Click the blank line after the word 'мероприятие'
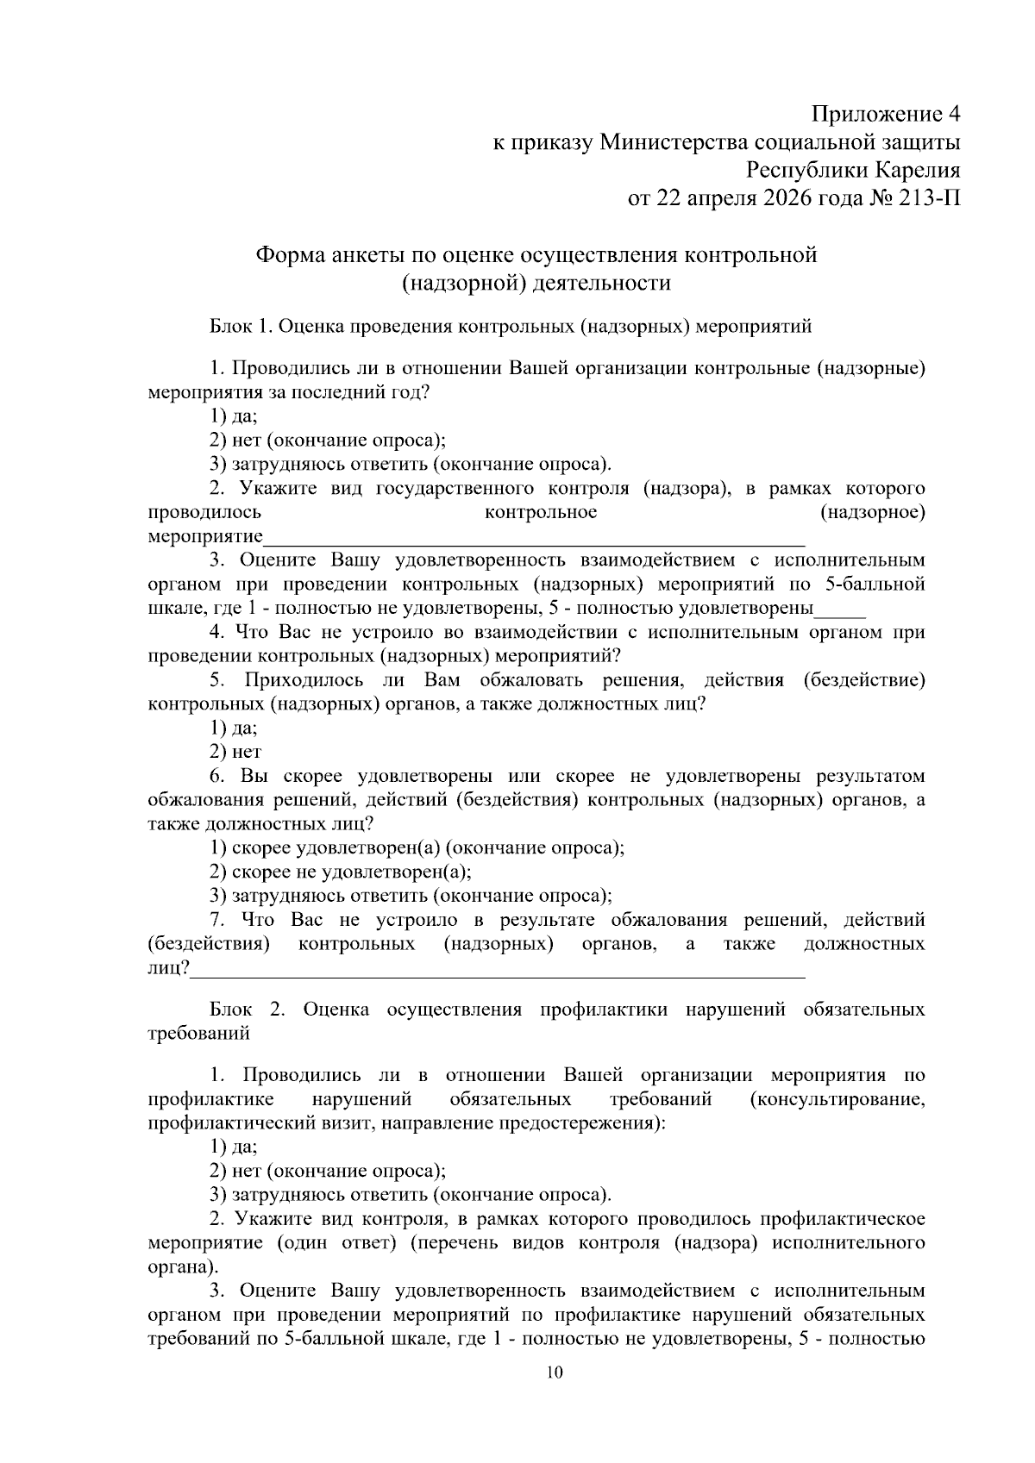pos(535,541)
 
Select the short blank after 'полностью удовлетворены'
pos(839,613)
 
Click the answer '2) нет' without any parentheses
pos(235,752)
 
